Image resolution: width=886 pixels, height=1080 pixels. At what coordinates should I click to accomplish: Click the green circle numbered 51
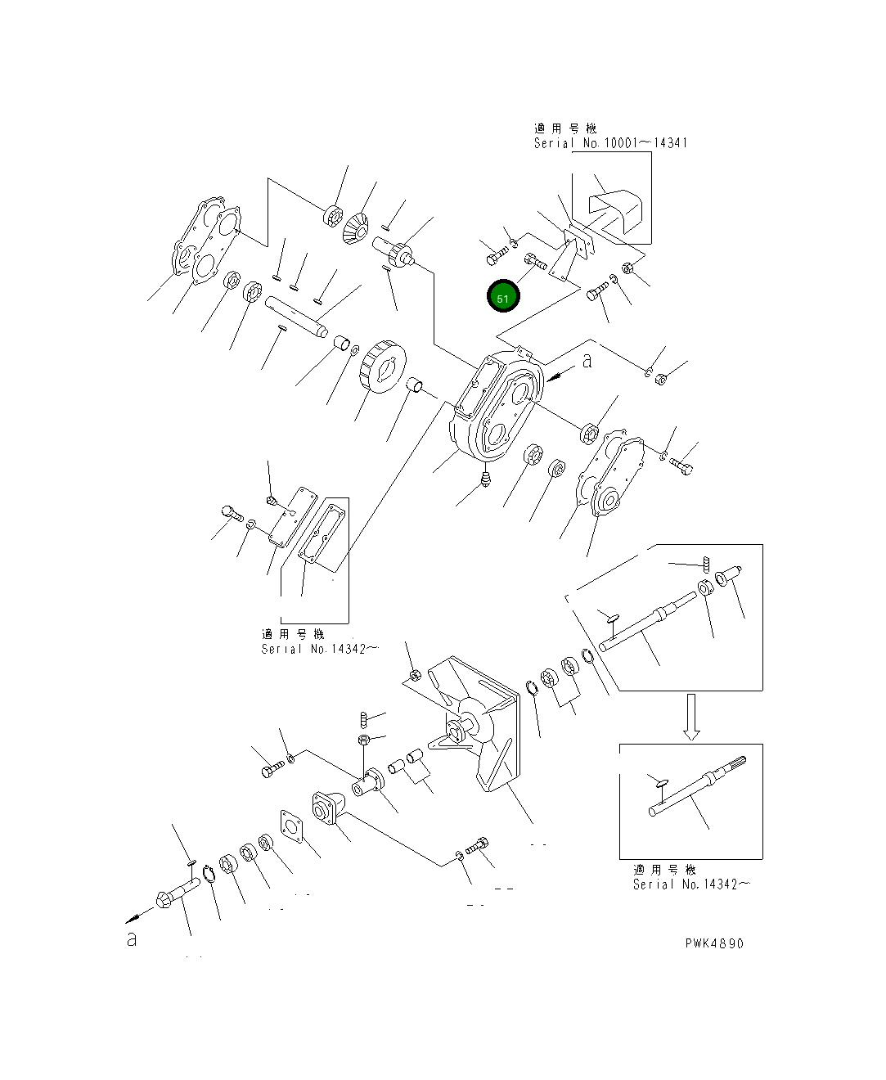(502, 298)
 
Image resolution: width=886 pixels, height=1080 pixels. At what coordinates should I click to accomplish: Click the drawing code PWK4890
(714, 943)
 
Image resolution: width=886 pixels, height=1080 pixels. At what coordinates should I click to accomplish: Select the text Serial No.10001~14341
(610, 142)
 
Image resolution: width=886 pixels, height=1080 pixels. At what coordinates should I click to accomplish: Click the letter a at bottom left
(132, 939)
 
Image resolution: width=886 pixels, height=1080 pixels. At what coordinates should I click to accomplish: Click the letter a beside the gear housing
(587, 360)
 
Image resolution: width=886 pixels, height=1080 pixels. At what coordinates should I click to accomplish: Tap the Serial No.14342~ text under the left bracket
(319, 649)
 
